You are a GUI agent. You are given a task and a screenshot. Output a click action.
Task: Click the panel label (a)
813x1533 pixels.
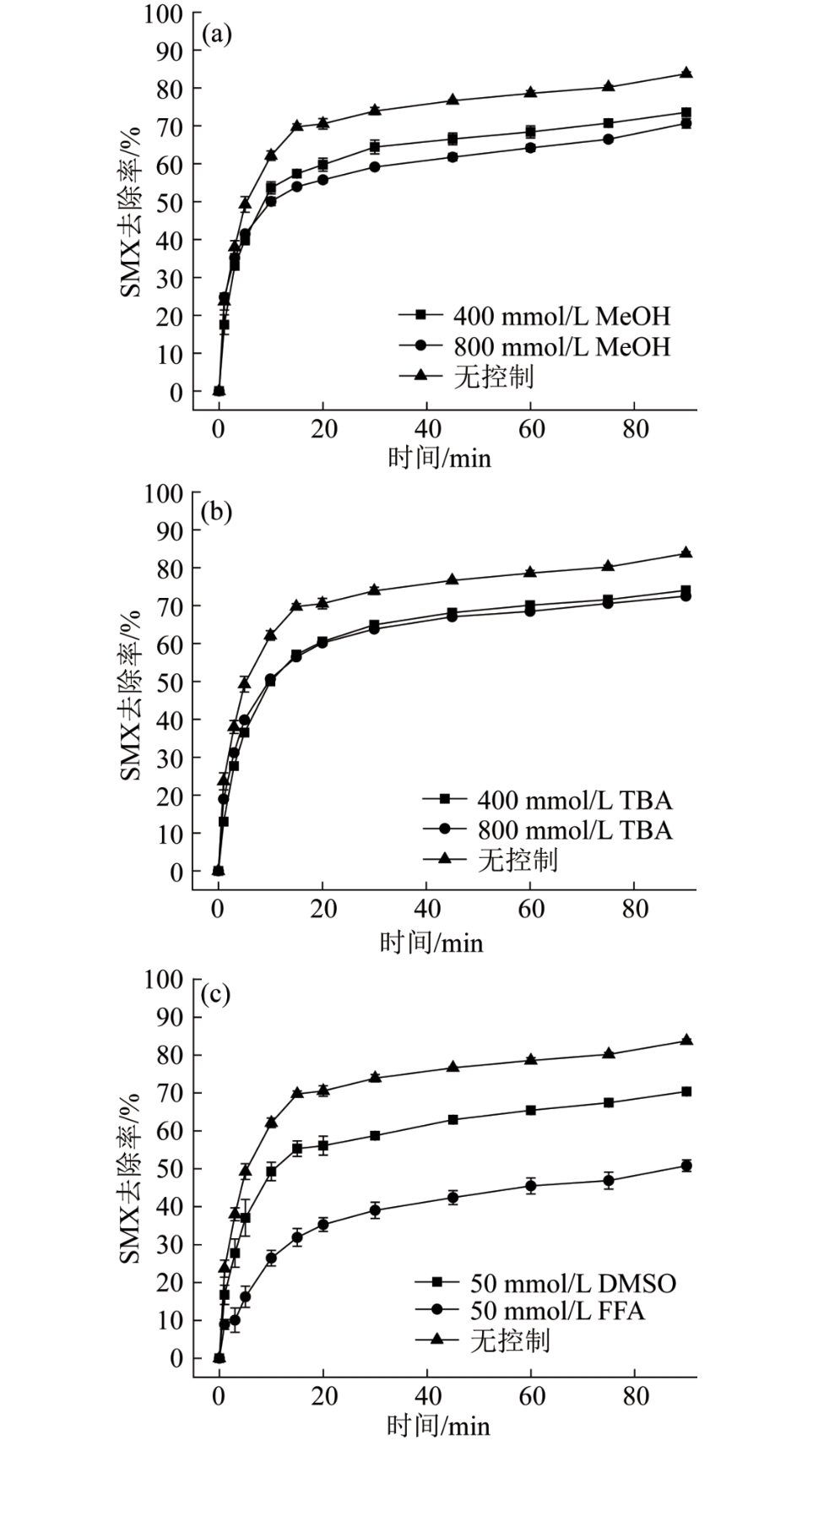(216, 35)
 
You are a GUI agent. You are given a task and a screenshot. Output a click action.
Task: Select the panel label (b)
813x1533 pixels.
(216, 512)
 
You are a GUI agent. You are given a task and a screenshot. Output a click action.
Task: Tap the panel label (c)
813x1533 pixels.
(215, 994)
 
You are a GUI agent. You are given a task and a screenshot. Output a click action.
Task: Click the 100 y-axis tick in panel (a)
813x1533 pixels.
(163, 14)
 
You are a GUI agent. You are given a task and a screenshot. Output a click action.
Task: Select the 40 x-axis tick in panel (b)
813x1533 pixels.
(427, 910)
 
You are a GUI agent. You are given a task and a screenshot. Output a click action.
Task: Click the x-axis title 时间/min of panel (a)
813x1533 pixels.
(439, 458)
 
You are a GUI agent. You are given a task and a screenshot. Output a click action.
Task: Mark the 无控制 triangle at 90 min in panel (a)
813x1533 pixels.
(686, 73)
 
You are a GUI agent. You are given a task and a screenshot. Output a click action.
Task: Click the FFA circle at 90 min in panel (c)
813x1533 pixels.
(686, 1166)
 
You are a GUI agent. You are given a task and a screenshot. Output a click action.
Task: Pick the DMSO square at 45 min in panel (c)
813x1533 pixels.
(453, 1119)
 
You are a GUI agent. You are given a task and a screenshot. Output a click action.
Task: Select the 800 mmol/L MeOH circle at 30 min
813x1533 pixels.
(375, 167)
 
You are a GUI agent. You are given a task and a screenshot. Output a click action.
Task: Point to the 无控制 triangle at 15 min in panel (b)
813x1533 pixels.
(296, 606)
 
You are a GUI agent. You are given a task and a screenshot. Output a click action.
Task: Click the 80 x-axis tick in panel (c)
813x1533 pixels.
(636, 1396)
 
